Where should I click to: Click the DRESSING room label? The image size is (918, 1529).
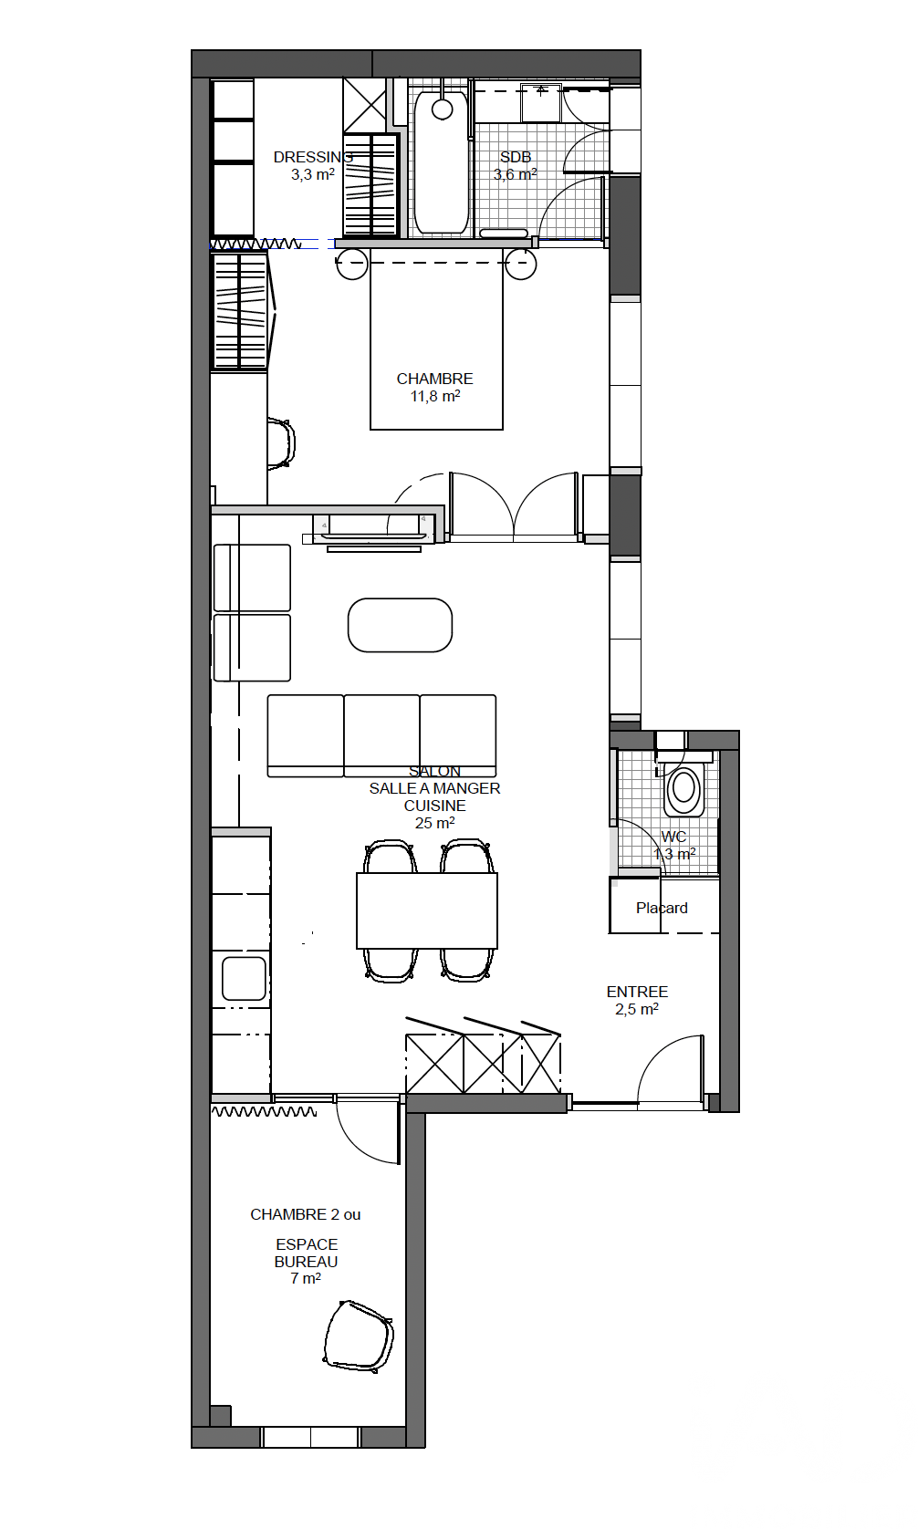point(313,157)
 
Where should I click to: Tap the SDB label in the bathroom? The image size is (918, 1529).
point(516,157)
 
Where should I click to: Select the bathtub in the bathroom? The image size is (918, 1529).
point(442,162)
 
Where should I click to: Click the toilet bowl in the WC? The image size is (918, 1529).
point(683,789)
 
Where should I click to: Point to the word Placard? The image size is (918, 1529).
point(662,908)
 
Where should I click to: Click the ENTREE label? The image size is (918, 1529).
point(637,992)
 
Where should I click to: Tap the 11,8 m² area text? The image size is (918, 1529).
point(434,396)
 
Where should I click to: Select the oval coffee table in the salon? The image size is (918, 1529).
point(400,625)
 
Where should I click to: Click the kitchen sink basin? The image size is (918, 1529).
point(244,978)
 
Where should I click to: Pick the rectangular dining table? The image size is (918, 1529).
point(426,910)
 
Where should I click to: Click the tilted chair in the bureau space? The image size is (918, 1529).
point(359,1337)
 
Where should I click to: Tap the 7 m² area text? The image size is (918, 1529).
point(306,1278)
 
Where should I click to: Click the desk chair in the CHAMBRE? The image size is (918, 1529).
point(281,443)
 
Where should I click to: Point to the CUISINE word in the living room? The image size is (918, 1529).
point(434,806)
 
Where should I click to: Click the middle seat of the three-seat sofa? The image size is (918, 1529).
point(381,736)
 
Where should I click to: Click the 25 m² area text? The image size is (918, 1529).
point(434,823)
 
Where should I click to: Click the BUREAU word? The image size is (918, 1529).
point(306,1262)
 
